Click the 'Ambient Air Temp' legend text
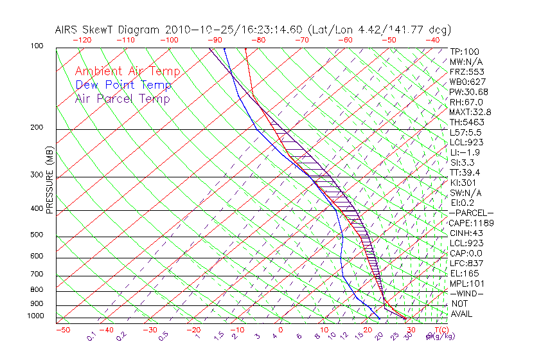tap(127, 71)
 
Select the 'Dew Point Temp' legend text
tap(123, 85)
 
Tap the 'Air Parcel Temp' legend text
tap(122, 98)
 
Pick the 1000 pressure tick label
tap(36, 316)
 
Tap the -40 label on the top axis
tap(432, 40)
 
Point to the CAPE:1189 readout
tap(470, 223)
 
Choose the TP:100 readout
tap(464, 51)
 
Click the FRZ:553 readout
tap(466, 71)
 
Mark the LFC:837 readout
tap(466, 263)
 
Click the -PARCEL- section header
tap(471, 213)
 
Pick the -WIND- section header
tap(466, 293)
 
